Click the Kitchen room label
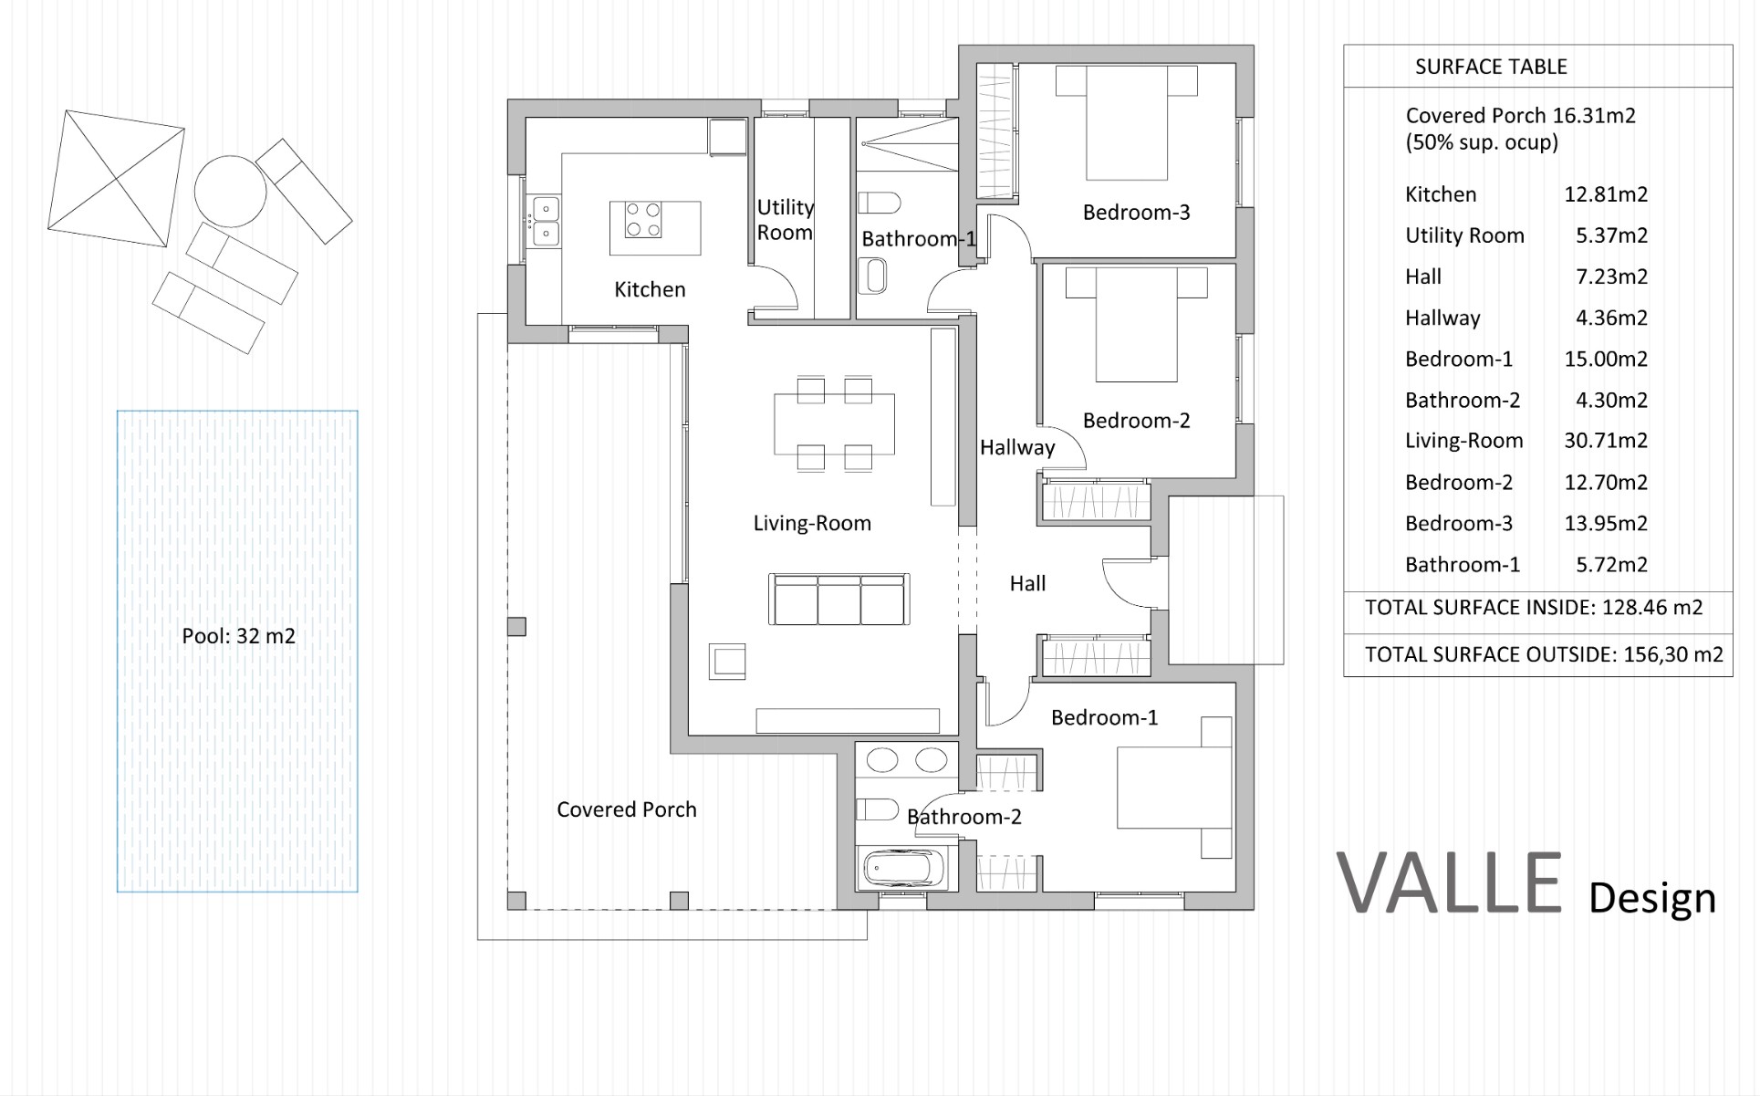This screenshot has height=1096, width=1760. [x=650, y=289]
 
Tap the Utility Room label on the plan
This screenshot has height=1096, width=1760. [x=785, y=220]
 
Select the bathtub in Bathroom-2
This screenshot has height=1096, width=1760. [x=903, y=869]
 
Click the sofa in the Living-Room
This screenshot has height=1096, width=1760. [x=838, y=600]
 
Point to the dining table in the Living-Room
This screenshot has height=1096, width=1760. [x=834, y=423]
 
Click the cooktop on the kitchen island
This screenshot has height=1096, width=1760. [x=642, y=220]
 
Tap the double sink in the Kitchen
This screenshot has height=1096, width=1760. [x=546, y=221]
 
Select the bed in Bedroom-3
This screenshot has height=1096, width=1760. [x=1127, y=122]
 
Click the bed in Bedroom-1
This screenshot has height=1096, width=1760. [x=1174, y=788]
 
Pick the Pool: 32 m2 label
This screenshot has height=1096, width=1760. [x=238, y=636]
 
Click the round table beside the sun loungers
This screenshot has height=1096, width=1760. [x=230, y=192]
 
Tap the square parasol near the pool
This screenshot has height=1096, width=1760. [x=116, y=178]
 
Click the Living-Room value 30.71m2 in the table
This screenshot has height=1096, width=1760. [x=1606, y=441]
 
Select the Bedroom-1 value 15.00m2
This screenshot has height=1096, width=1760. [x=1606, y=359]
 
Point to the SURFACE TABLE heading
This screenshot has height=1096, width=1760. [x=1491, y=67]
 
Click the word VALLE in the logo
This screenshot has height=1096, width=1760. [x=1450, y=882]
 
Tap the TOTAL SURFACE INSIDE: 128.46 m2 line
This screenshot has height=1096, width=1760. [x=1534, y=608]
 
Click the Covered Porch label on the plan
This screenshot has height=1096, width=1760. [x=627, y=809]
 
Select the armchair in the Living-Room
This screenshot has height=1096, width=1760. [x=727, y=661]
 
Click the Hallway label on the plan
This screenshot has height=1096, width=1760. [x=1017, y=447]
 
